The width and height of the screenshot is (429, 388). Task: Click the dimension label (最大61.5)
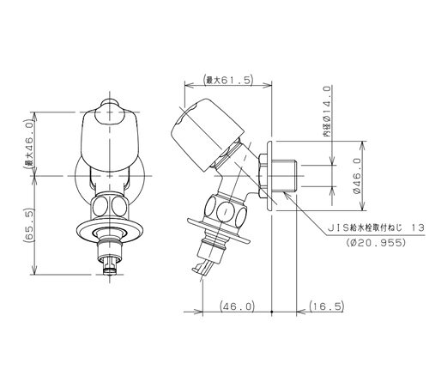pyautogui.click(x=227, y=81)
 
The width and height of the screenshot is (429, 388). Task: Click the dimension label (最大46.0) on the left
pyautogui.click(x=29, y=144)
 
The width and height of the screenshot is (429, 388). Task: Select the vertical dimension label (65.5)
pyautogui.click(x=29, y=226)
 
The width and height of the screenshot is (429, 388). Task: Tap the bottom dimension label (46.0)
pyautogui.click(x=237, y=306)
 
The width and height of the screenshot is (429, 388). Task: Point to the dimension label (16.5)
pyautogui.click(x=326, y=306)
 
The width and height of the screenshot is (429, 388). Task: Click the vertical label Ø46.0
pyautogui.click(x=357, y=176)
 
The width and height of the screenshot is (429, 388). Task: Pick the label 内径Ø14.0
pyautogui.click(x=328, y=111)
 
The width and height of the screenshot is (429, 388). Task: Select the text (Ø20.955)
pyautogui.click(x=376, y=243)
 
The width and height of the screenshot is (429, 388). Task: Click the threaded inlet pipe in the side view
pyautogui.click(x=284, y=176)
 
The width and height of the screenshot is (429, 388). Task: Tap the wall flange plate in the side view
pyautogui.click(x=269, y=176)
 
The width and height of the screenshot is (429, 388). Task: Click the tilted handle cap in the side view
pyautogui.click(x=208, y=135)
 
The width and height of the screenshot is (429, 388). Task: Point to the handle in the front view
pyautogui.click(x=110, y=140)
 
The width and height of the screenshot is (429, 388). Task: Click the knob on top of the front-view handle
pyautogui.click(x=110, y=104)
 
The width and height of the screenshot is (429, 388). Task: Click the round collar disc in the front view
pyautogui.click(x=110, y=231)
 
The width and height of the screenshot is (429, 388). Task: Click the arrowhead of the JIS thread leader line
pyautogui.click(x=286, y=194)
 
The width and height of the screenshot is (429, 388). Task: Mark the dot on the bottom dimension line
pyautogui.click(x=271, y=312)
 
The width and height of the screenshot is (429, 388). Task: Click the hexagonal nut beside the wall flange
pyautogui.click(x=263, y=176)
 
